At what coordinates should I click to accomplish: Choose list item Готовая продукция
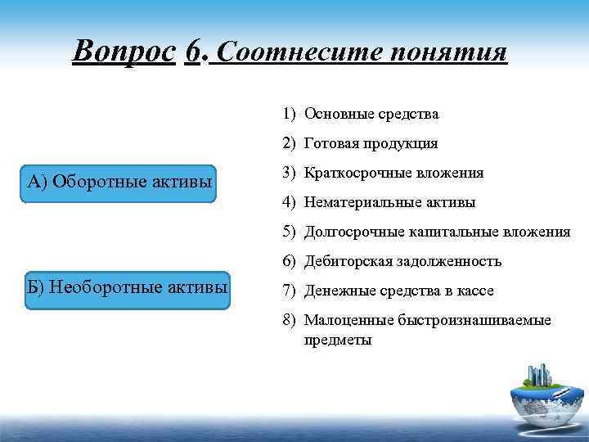[371, 143]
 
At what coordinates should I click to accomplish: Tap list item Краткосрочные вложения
[393, 173]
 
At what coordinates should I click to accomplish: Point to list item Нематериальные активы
[389, 202]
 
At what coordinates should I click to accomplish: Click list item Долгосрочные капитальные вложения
[437, 232]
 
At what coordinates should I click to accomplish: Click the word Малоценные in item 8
[342, 320]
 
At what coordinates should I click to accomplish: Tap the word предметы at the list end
[338, 339]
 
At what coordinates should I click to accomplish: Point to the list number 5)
[290, 232]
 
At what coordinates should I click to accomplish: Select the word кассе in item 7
[475, 291]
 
